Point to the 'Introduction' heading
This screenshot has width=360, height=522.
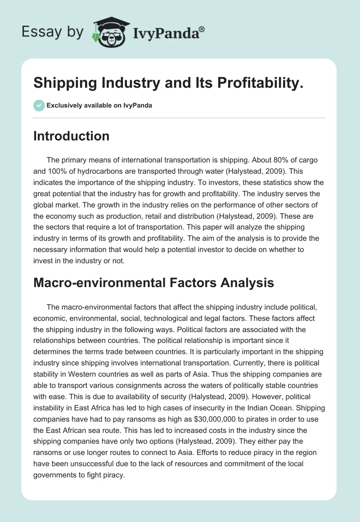(71, 136)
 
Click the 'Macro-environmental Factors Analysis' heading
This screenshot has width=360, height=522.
(153, 283)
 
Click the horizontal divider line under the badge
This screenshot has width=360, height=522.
(180, 118)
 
